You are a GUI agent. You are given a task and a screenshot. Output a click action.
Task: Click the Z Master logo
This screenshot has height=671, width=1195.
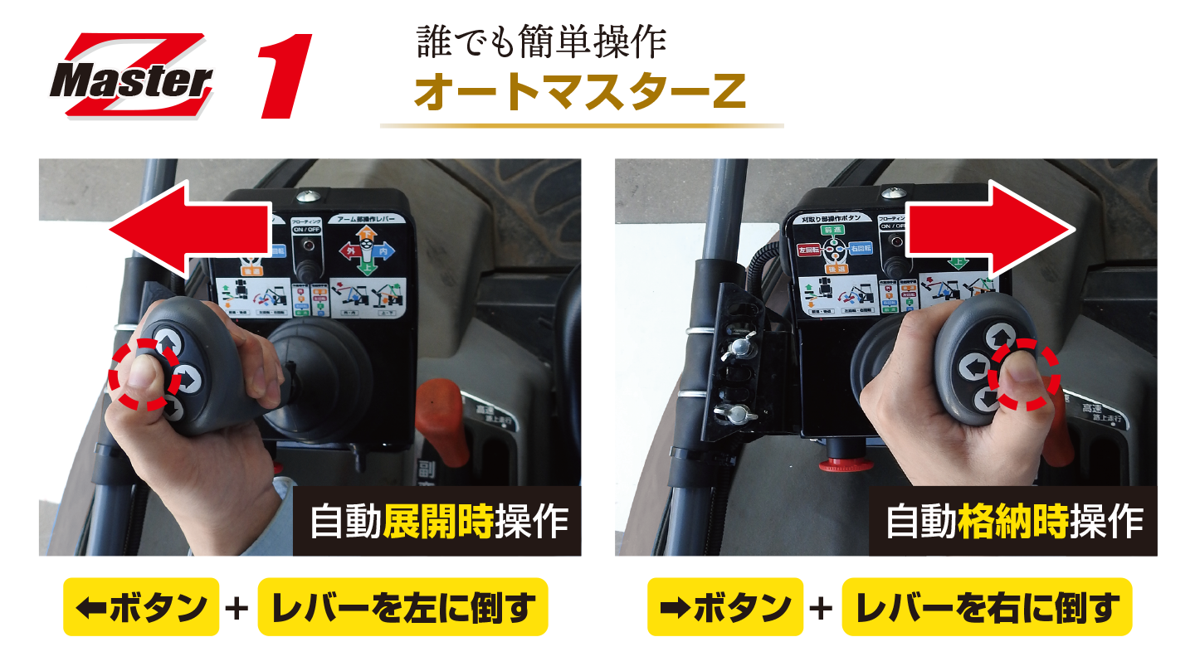pyautogui.click(x=131, y=76)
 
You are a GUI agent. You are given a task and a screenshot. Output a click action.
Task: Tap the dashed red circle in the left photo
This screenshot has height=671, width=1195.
pyautogui.click(x=146, y=374)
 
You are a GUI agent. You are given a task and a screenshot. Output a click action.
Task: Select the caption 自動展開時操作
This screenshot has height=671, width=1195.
pyautogui.click(x=438, y=522)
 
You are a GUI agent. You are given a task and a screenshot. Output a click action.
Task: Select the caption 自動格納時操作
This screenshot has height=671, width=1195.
pyautogui.click(x=1014, y=522)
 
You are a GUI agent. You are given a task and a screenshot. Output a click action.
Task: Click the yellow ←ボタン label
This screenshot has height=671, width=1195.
pyautogui.click(x=141, y=607)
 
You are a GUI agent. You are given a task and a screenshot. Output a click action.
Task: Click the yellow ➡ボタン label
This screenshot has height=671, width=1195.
pyautogui.click(x=725, y=607)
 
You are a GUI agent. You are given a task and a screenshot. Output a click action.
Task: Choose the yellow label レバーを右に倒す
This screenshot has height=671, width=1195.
pyautogui.click(x=987, y=607)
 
